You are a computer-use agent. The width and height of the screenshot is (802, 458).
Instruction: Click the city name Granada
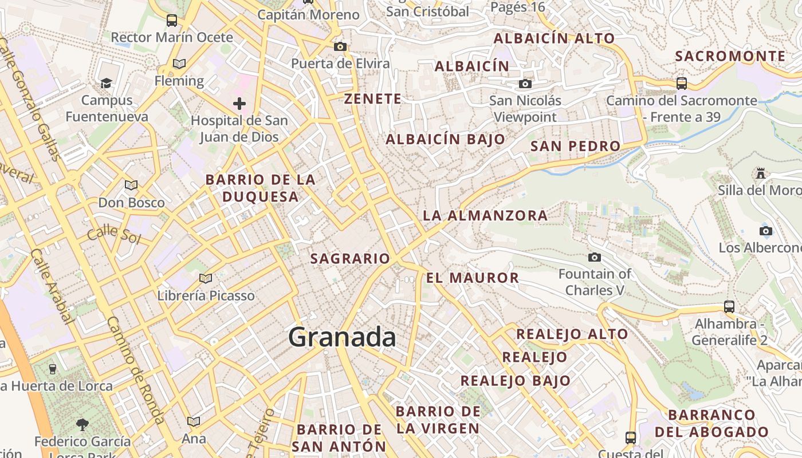pos(342,337)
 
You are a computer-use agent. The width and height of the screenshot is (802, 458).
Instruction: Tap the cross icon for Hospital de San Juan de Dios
pos(239,104)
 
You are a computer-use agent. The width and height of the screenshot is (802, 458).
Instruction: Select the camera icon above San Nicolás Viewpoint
pos(525,84)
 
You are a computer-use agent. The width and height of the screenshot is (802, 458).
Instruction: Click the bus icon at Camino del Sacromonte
pos(681,83)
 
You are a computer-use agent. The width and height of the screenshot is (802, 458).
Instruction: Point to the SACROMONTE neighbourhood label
pos(730,56)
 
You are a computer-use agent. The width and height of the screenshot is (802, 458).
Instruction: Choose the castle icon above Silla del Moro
pos(761,172)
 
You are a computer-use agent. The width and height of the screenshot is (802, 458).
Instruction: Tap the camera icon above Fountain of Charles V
pos(595,257)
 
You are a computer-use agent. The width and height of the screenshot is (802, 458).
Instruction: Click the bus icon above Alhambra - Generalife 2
pos(729,306)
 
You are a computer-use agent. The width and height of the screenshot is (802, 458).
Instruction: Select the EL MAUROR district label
pos(472,278)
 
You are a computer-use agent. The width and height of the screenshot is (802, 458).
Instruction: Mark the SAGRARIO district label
pos(350,259)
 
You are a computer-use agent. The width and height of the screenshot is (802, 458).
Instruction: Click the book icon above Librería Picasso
pos(205,278)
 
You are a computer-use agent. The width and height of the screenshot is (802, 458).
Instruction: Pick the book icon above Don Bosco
pos(131,185)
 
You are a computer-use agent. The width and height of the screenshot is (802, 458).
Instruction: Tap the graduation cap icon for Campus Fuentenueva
pos(106,84)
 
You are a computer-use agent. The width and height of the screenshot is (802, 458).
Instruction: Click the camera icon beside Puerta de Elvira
pos(340,46)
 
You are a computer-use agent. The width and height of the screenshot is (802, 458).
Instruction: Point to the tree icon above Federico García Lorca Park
pos(82,424)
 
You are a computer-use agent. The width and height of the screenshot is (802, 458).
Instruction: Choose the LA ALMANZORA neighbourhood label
pos(485,216)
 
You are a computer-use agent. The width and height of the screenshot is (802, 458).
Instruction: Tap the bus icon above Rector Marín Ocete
pos(172,21)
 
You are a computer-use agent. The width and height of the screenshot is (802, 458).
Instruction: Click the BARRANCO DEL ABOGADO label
pos(711,423)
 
